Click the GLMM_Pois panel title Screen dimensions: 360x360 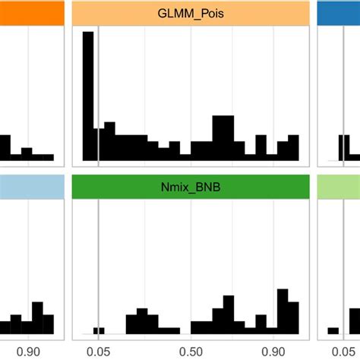point(190,14)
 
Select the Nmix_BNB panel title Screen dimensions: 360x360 point(190,188)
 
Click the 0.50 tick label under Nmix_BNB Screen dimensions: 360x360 point(191,352)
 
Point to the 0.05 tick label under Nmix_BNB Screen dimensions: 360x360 point(98,352)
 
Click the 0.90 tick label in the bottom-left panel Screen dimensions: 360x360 point(29,352)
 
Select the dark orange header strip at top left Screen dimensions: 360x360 point(31,14)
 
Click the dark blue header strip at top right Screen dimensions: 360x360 point(338,14)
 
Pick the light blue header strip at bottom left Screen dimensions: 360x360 point(31,188)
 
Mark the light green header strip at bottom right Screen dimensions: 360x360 point(338,188)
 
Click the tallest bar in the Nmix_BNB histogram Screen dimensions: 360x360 point(283,311)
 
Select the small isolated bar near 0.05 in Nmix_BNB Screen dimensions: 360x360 point(99,330)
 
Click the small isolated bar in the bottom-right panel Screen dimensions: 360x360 point(333,330)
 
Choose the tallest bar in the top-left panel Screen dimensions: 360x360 point(5,148)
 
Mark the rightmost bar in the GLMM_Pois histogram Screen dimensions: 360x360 point(293,148)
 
